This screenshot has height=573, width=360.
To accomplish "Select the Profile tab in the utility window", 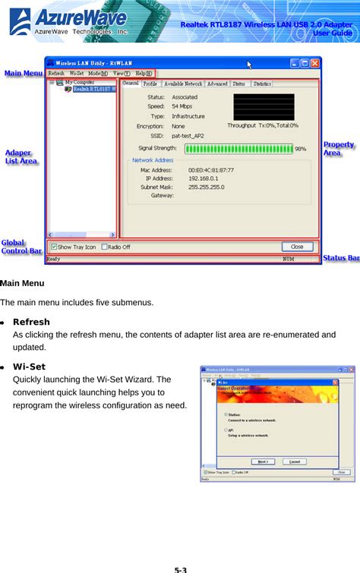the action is pyautogui.click(x=150, y=83).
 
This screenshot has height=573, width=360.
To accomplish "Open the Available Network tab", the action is pyautogui.click(x=183, y=83).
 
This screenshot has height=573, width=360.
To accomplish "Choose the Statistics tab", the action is pyautogui.click(x=262, y=83).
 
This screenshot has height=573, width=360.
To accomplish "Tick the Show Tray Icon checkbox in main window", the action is pyautogui.click(x=54, y=247).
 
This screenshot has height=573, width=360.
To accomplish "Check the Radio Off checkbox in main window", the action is pyautogui.click(x=104, y=247).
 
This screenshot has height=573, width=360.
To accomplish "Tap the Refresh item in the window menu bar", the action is pyautogui.click(x=55, y=73).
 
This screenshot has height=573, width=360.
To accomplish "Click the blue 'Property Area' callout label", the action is pyautogui.click(x=339, y=148).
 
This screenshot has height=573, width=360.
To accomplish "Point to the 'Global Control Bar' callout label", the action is pyautogui.click(x=21, y=247).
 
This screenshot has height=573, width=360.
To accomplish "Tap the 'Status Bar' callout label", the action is pyautogui.click(x=341, y=259).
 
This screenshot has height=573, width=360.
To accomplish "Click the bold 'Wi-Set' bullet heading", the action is pyautogui.click(x=29, y=367).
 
